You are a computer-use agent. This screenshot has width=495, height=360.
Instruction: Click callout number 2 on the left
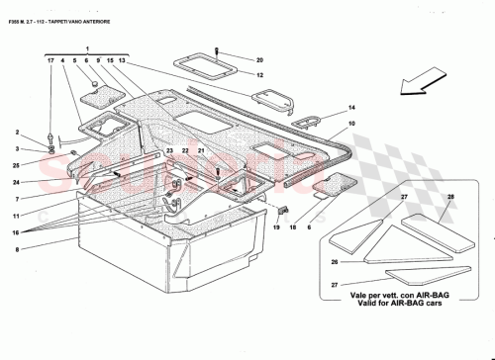point(17,132)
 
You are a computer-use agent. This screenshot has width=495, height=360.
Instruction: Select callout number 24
point(17,182)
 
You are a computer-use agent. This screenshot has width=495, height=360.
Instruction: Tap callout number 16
point(17,229)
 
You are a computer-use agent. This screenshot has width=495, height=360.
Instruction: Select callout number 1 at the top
point(87,48)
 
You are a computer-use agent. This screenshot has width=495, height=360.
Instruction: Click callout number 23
point(169,149)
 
